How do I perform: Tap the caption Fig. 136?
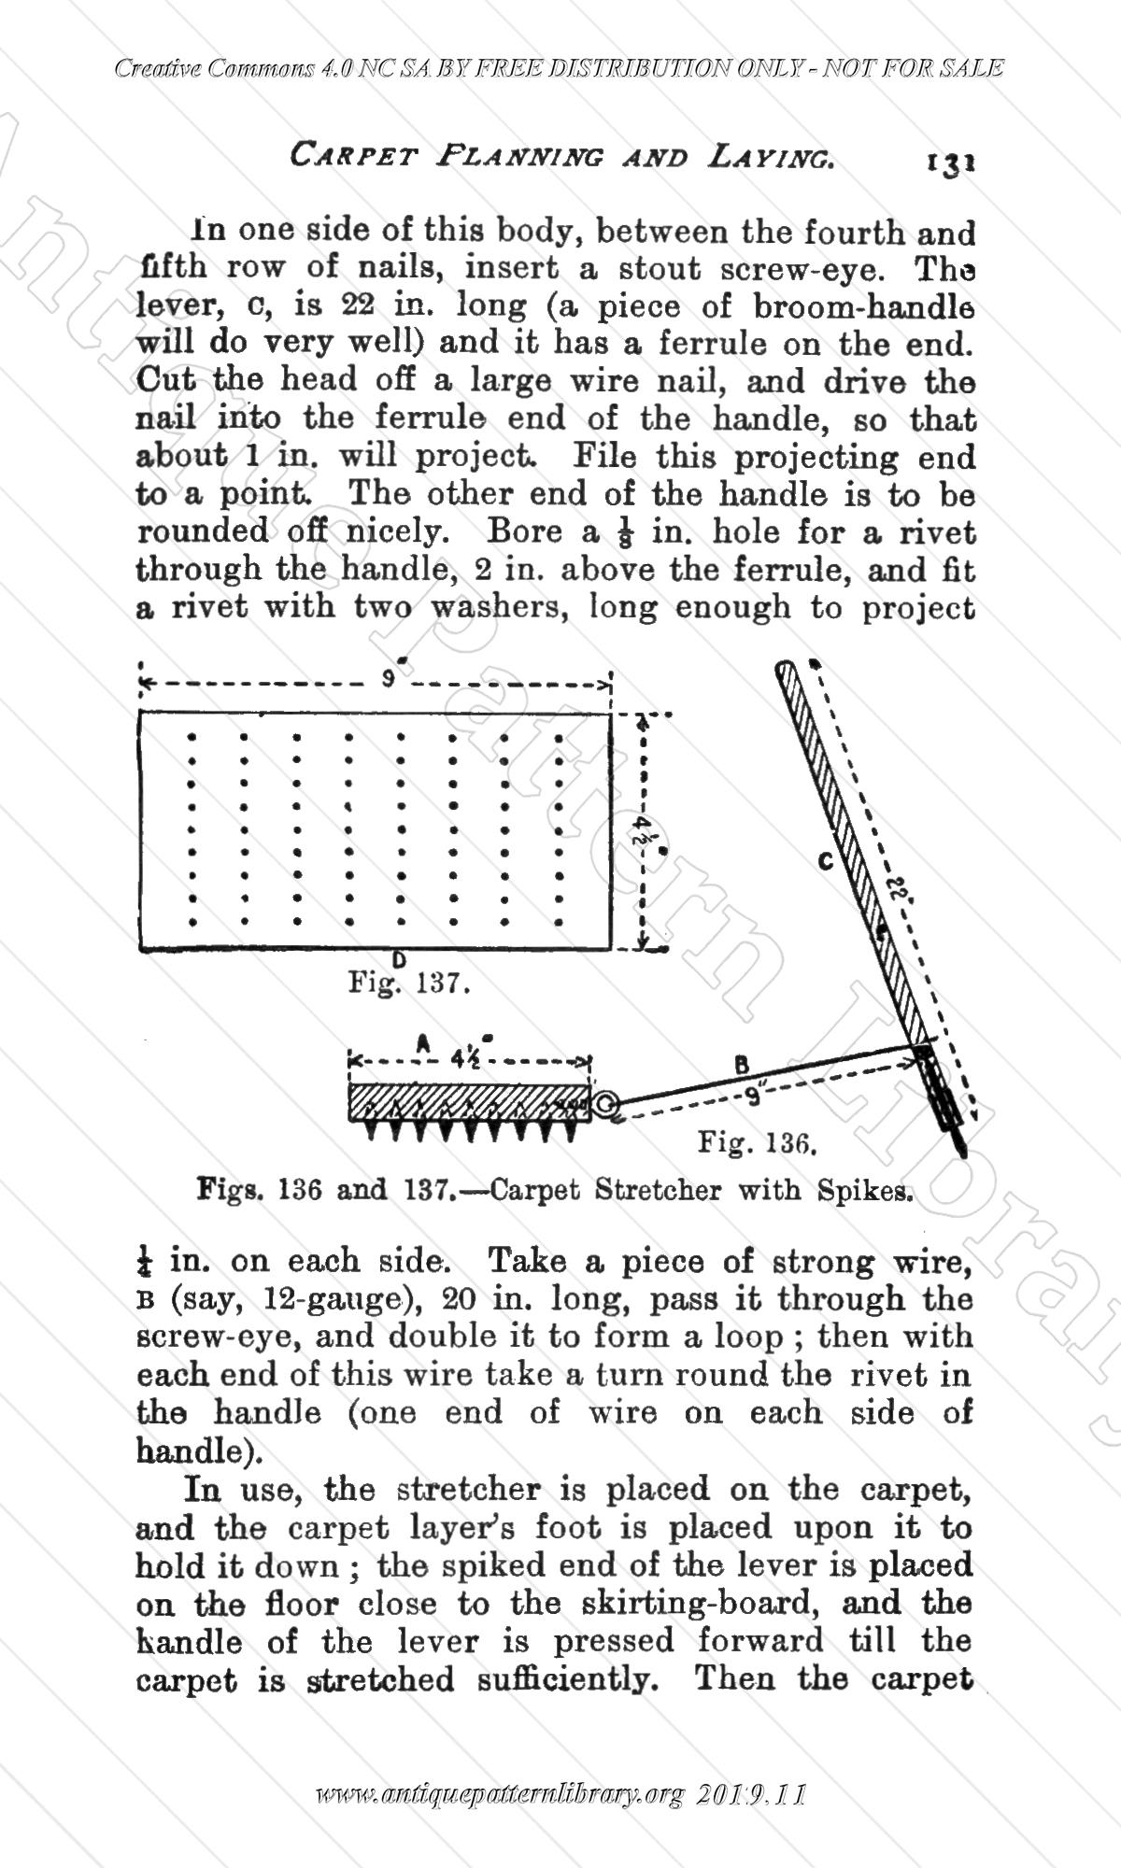coord(759,1142)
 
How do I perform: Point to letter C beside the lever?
coord(825,862)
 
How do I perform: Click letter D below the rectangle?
coord(399,958)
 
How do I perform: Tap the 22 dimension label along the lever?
coord(901,888)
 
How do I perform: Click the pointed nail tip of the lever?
coord(961,1143)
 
